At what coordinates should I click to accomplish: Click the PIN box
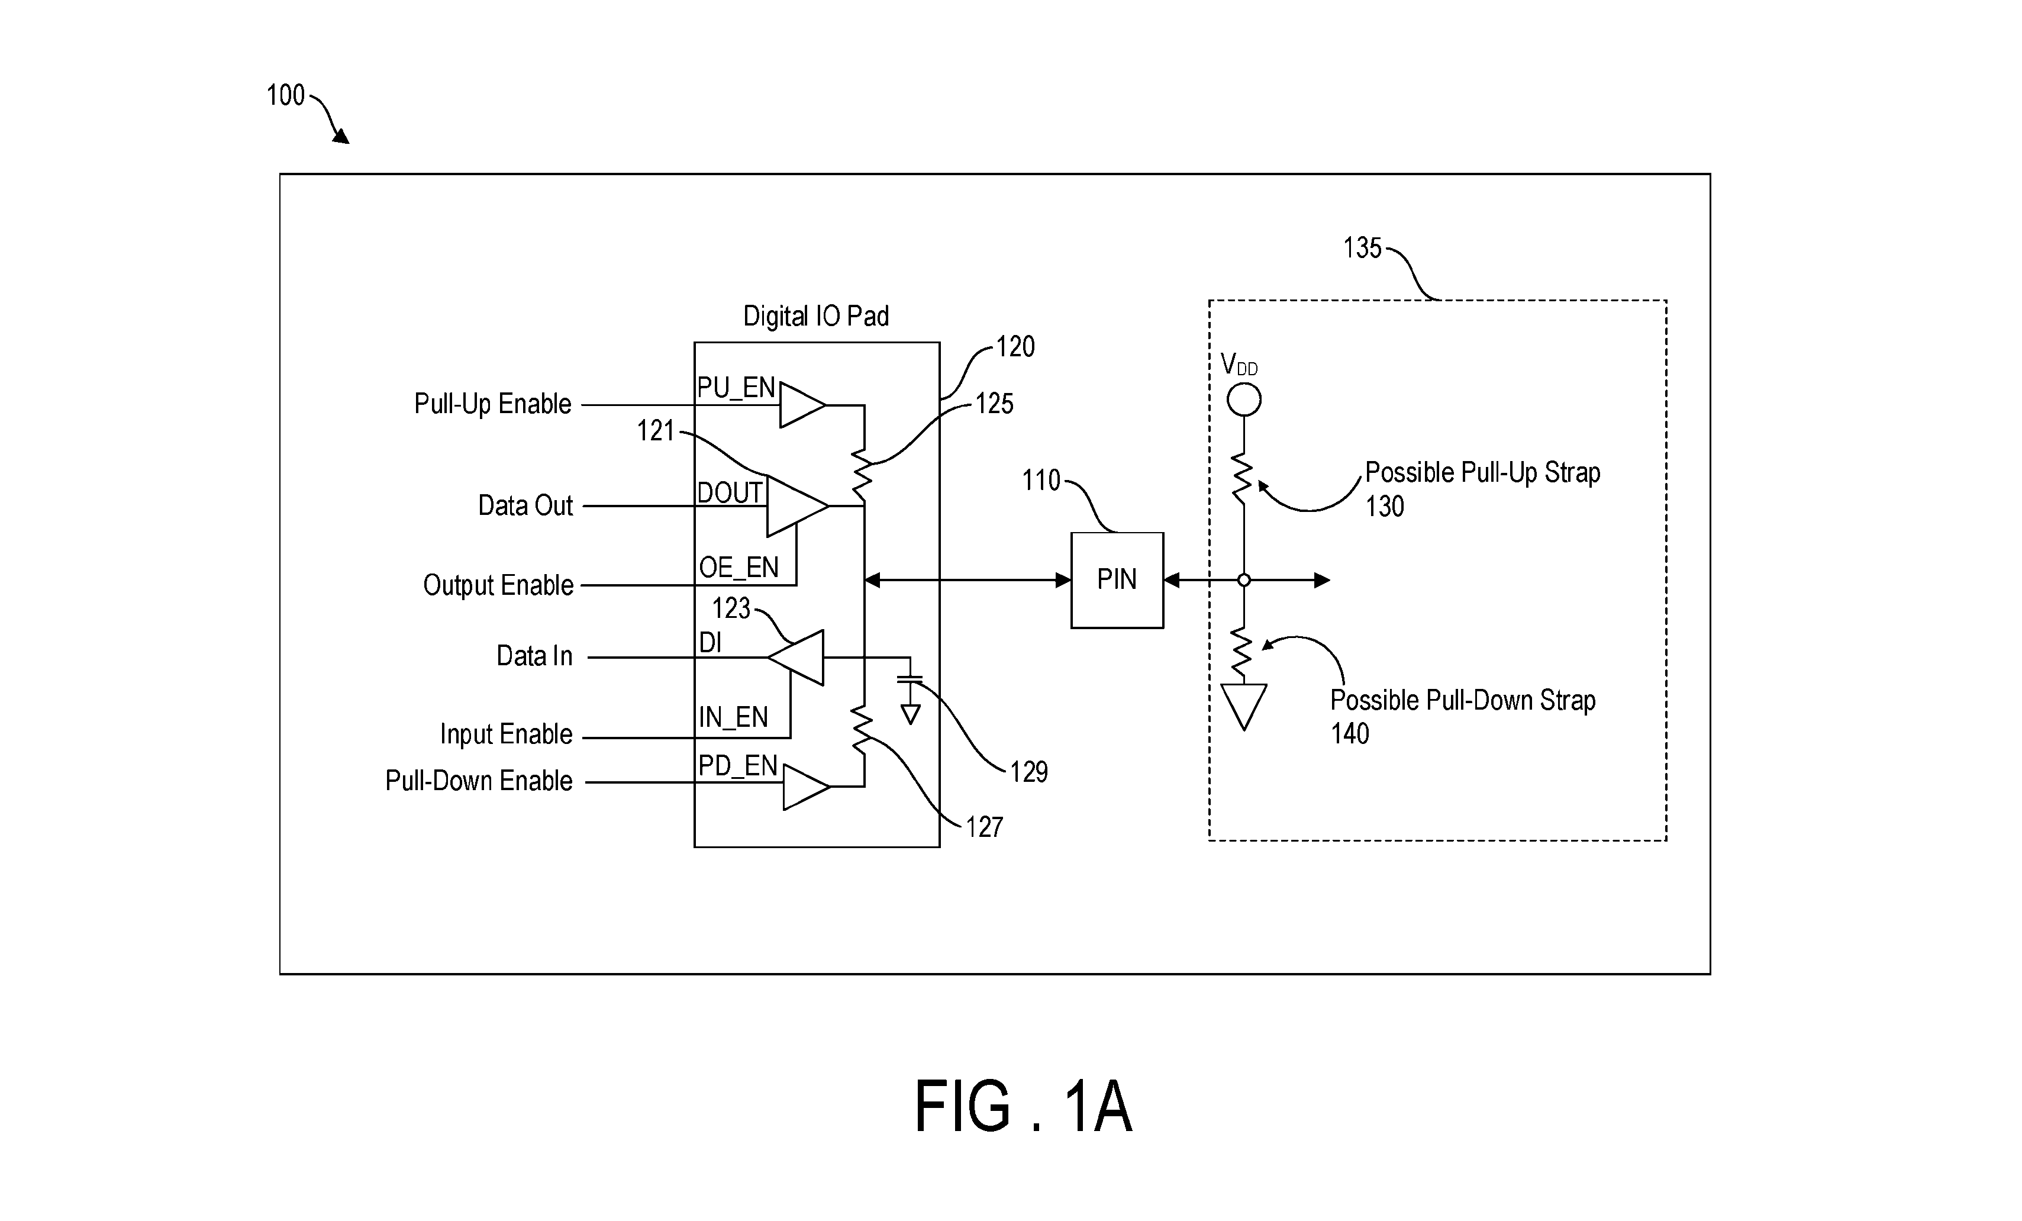point(1117,580)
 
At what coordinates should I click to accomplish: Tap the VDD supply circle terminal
point(1244,401)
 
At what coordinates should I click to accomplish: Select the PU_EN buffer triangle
point(802,405)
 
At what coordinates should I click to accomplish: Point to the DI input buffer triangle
point(796,658)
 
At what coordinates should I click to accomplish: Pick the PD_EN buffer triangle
point(807,787)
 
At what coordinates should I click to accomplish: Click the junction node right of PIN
point(1244,580)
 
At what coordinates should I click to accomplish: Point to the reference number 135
point(1362,248)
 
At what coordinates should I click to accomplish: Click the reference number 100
point(286,95)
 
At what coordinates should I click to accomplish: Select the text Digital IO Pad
point(815,316)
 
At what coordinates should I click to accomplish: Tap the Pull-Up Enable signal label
point(492,404)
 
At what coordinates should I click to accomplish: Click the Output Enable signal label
point(498,585)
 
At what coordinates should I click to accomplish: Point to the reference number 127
point(984,827)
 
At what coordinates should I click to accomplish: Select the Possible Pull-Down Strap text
point(1462,700)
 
